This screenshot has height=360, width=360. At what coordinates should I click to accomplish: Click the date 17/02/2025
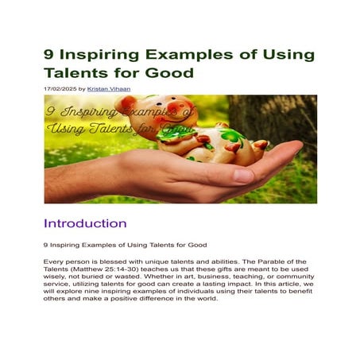point(59,88)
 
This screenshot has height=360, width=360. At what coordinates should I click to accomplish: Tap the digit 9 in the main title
point(50,55)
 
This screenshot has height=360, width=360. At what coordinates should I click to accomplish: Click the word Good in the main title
point(168,73)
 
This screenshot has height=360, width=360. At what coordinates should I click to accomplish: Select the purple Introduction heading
point(85,223)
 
